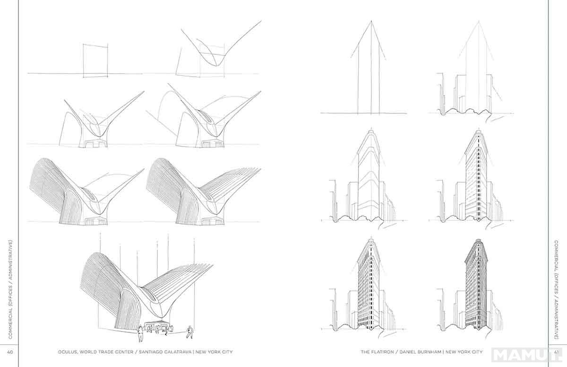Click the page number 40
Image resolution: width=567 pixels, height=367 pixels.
10,352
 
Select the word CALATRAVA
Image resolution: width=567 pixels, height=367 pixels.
177,352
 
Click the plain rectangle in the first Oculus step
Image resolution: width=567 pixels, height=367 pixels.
95,61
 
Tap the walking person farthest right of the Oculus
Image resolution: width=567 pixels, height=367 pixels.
189,332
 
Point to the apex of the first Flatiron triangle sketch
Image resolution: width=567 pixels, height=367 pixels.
371,21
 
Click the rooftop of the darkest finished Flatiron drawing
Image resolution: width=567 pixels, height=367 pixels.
478,241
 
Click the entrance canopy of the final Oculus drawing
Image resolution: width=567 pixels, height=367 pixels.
156,322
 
